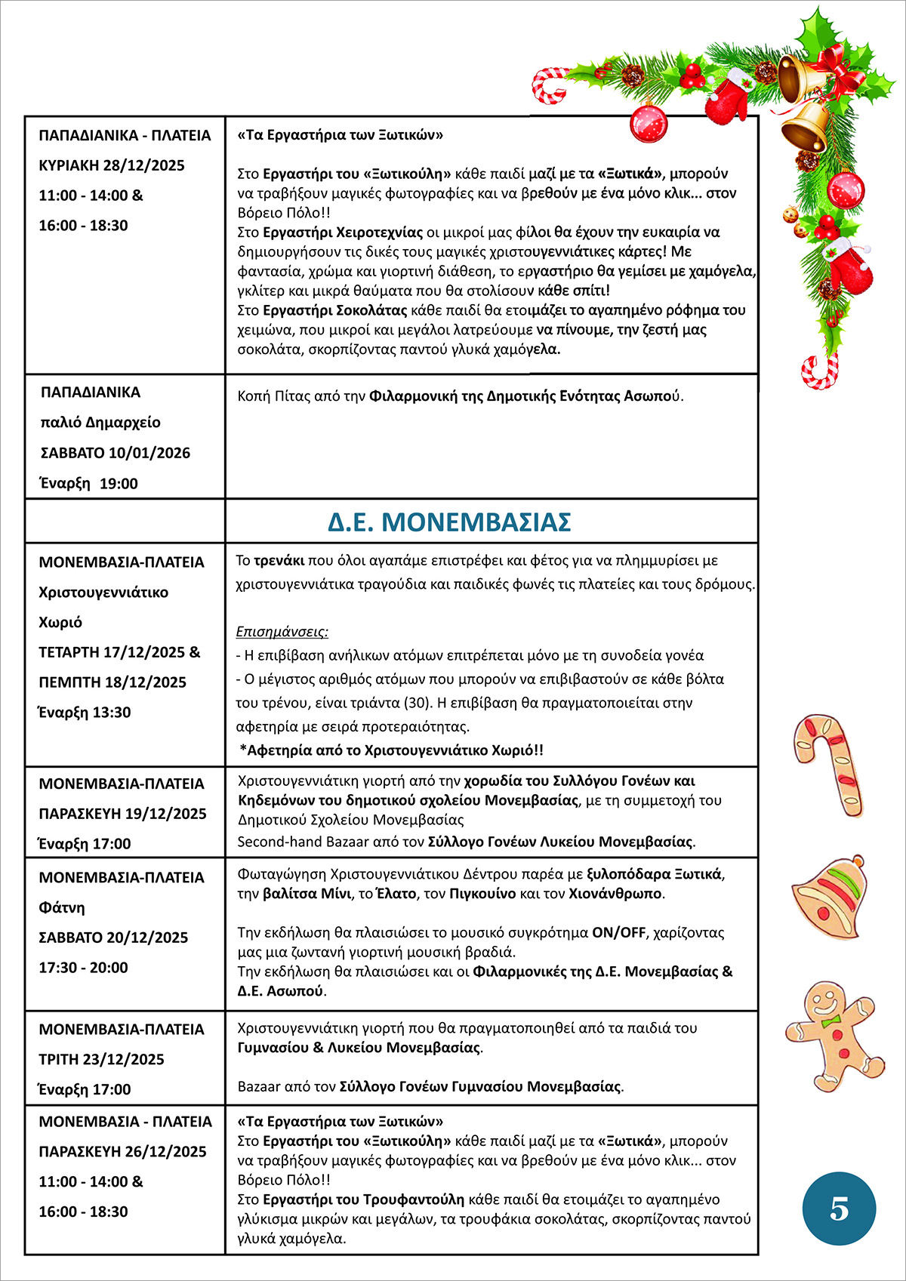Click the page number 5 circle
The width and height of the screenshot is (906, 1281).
pos(839,1209)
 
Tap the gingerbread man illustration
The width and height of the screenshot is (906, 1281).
pos(834,1033)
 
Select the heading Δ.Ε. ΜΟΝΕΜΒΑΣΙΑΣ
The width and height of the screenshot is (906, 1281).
pos(449,522)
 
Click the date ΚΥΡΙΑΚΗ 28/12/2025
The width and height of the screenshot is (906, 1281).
pos(112,165)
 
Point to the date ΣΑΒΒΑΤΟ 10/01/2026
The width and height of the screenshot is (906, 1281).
pos(115,453)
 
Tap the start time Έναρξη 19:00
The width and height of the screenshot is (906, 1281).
pos(89,484)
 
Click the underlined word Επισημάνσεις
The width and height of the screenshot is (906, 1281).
pos(282,632)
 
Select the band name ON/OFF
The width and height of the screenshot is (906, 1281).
pos(618,933)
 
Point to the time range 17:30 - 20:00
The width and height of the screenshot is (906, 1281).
pos(83,968)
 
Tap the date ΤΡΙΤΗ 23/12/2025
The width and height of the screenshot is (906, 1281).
pos(101,1060)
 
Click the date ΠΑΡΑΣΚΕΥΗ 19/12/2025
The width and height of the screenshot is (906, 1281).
pos(122,814)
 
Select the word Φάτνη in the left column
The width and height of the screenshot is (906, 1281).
pos(62,908)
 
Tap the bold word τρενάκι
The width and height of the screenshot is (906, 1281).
pos(279,561)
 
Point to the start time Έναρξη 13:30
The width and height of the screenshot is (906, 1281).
pos(85,713)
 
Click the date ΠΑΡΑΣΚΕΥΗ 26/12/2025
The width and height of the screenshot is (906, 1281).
pos(122,1152)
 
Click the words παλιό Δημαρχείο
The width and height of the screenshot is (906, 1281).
pos(100,423)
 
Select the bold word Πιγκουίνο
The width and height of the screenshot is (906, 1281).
pos(482,894)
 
